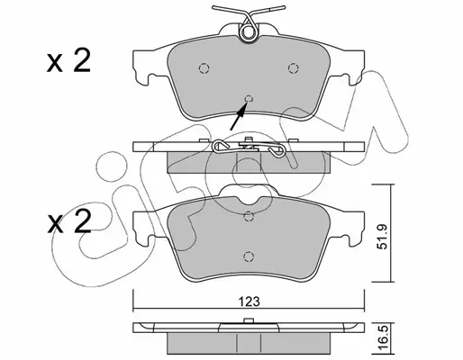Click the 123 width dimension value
[x=250, y=301]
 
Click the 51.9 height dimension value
[x=384, y=233]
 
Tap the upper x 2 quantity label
[x=68, y=61]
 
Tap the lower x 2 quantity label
[x=69, y=222]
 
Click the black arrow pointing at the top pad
[x=239, y=116]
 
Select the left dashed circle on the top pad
[x=204, y=68]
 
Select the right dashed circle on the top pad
[x=293, y=68]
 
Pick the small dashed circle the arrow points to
[x=249, y=99]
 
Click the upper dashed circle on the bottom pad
[x=248, y=216]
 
